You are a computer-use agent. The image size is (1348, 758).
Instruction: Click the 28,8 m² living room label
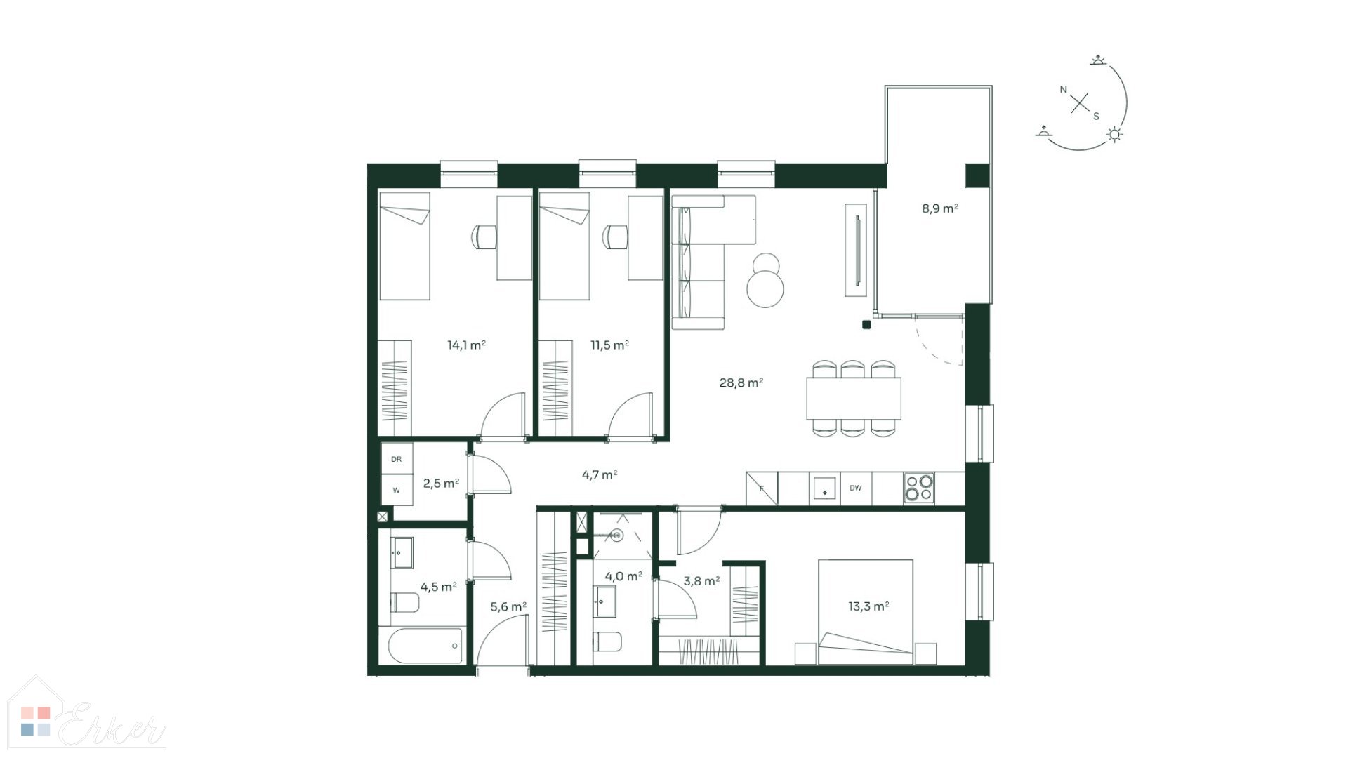pos(741,383)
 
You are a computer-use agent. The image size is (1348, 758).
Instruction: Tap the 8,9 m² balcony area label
pos(940,208)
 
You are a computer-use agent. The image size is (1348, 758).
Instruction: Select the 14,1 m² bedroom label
pos(467,345)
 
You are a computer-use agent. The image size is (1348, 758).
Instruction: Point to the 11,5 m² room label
pos(609,345)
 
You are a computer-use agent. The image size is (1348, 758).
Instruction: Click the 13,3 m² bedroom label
pos(868,606)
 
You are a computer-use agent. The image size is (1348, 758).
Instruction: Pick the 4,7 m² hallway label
pos(600,474)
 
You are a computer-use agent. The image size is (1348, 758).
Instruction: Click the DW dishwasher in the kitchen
pos(855,488)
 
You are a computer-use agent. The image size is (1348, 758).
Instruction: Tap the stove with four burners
pos(919,488)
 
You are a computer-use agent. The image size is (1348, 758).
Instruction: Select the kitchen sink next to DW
pos(824,488)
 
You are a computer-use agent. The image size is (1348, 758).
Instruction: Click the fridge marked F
pos(762,488)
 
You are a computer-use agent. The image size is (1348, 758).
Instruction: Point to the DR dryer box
pos(397,459)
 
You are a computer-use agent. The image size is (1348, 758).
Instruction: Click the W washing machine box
pos(397,490)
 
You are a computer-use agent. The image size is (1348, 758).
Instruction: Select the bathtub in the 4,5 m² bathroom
pos(421,645)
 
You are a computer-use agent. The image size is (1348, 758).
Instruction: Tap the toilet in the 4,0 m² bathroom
pos(607,641)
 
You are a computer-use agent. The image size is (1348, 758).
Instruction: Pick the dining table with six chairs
pos(854,399)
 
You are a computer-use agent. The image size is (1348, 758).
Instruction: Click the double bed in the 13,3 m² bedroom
pos(866,611)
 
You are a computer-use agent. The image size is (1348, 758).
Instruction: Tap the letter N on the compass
pos(1064,90)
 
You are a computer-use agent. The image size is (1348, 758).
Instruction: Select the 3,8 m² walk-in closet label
pos(701,581)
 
